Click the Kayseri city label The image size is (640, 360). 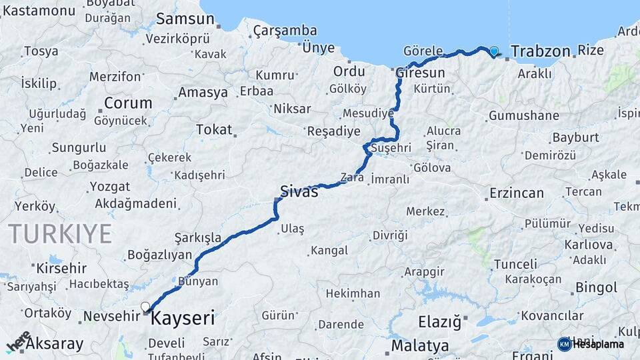[x=183, y=319]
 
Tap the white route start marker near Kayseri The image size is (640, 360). [x=145, y=307]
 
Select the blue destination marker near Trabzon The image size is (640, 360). [x=494, y=51]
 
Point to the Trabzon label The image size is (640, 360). [x=541, y=51]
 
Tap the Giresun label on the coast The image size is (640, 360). [x=420, y=72]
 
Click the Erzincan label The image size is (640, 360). [x=517, y=193]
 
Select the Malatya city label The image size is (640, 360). [x=420, y=346]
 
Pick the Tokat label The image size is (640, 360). [x=214, y=129]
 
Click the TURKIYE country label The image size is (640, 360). [x=60, y=233]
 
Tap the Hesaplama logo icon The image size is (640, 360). [x=564, y=344]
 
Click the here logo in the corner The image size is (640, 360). [x=18, y=341]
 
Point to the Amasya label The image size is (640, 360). [x=203, y=93]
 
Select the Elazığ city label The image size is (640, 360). [x=439, y=323]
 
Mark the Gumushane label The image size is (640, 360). [x=524, y=116]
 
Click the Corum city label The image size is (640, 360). [x=128, y=103]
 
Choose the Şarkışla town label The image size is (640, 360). [x=197, y=237]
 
